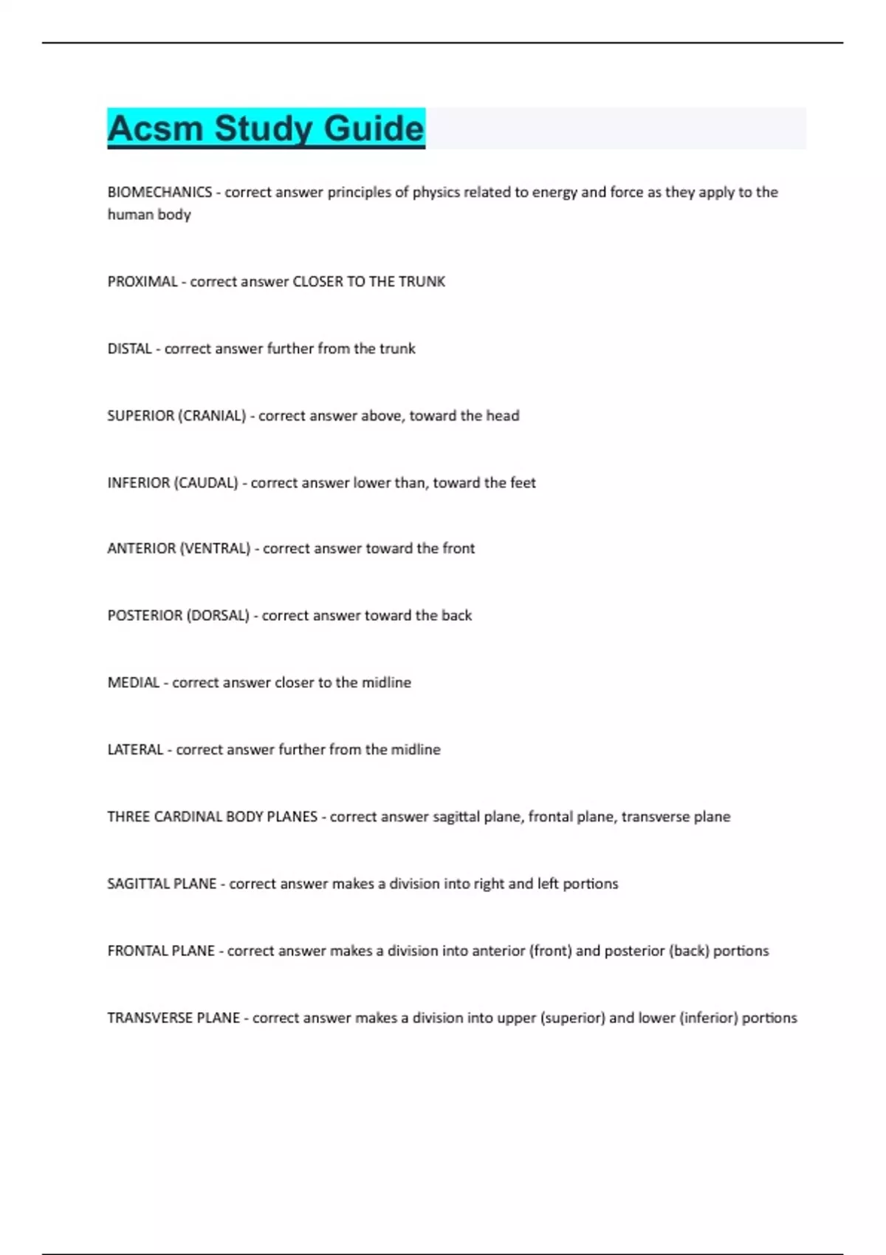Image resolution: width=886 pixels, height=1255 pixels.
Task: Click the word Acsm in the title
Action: [155, 128]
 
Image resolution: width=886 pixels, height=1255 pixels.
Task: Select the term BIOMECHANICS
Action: [159, 193]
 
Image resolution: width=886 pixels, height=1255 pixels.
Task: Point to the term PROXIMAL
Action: [142, 282]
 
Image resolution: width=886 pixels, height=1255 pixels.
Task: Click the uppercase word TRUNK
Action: [422, 282]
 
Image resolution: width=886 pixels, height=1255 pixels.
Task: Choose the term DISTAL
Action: [129, 348]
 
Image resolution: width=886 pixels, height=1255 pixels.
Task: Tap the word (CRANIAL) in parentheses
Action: [212, 416]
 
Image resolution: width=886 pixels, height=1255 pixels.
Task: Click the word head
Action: [503, 416]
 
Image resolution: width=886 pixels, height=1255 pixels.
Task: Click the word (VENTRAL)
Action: [215, 549]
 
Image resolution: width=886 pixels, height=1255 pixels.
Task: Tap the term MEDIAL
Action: [133, 683]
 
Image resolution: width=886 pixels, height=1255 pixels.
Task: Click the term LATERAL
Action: [135, 750]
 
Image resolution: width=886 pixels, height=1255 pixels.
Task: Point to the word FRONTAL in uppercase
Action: [136, 951]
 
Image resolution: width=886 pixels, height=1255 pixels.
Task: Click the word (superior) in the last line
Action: [573, 1018]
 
